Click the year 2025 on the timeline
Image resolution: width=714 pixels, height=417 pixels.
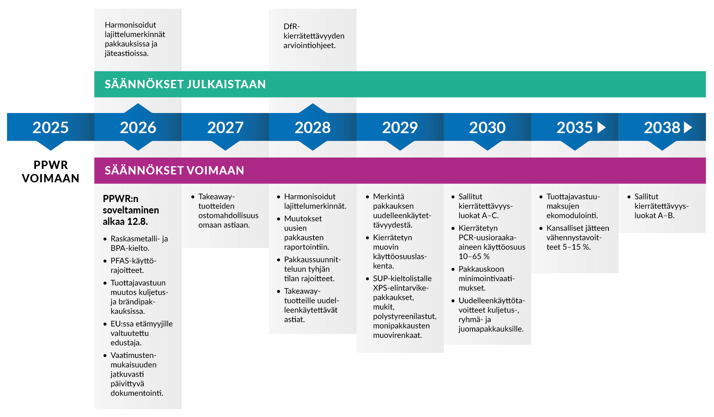(x=50, y=128)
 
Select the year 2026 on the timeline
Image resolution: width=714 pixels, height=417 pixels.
(x=138, y=128)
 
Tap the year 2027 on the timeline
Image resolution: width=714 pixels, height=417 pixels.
(x=225, y=128)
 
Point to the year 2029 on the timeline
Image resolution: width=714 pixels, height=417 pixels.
(x=400, y=128)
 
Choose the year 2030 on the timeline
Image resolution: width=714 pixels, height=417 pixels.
(x=487, y=128)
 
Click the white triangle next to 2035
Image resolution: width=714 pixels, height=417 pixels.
(x=601, y=128)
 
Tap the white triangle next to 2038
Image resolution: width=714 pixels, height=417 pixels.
(x=688, y=128)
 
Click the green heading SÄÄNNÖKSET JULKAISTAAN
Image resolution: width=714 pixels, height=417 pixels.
(x=185, y=84)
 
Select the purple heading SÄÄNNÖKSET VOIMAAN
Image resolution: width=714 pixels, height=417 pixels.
(x=174, y=171)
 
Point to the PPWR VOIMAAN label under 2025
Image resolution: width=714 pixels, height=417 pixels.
(x=50, y=172)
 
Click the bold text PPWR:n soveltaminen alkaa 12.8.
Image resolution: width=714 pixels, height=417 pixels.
(x=131, y=210)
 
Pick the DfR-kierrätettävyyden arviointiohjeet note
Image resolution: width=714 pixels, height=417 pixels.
(x=314, y=36)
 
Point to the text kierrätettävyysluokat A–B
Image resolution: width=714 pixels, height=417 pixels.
(x=661, y=211)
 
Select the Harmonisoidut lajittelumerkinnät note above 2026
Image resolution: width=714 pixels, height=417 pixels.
(x=135, y=39)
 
